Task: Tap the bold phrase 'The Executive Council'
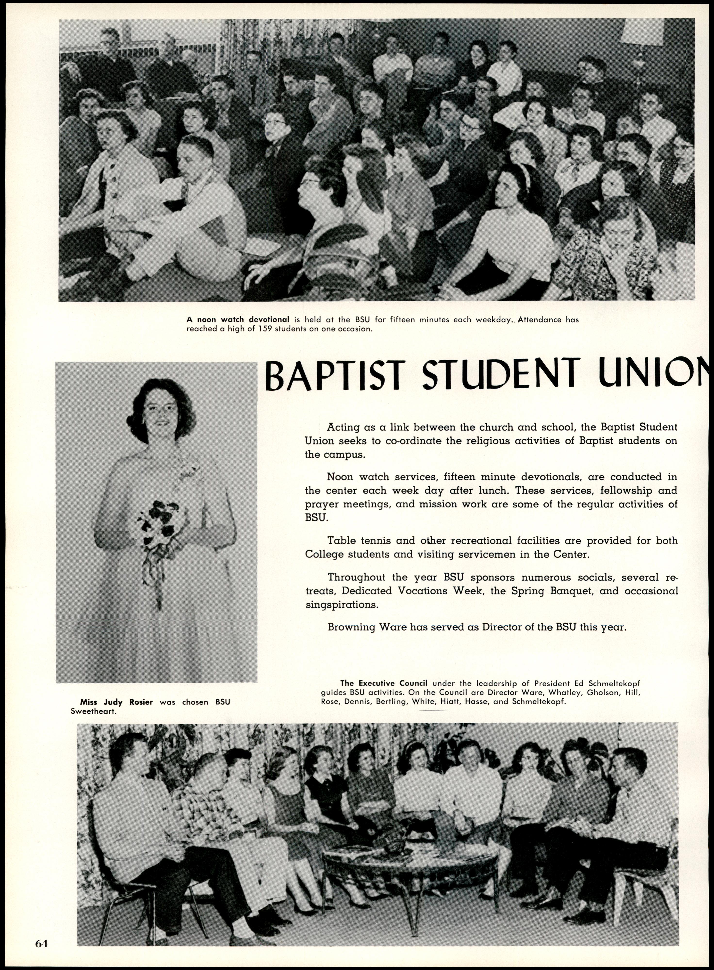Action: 384,683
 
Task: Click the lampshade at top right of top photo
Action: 641,32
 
